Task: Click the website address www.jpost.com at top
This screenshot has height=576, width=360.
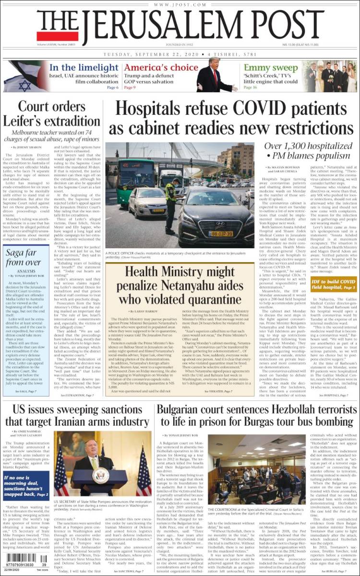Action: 180,4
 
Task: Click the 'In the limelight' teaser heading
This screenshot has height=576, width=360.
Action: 84,68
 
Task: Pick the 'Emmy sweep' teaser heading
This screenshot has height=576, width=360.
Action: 271,68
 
